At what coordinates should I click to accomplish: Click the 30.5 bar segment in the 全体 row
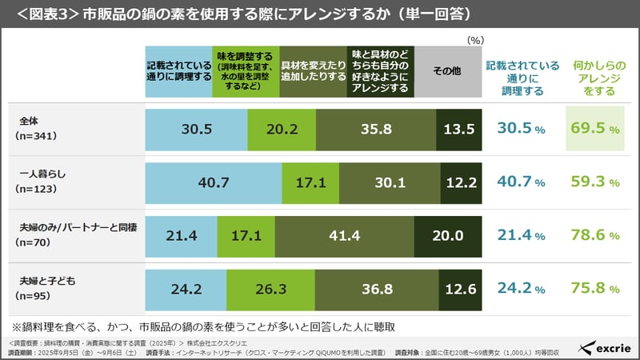[197, 128]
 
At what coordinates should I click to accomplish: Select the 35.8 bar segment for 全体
[376, 128]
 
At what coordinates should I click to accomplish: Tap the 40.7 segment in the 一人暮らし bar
[214, 182]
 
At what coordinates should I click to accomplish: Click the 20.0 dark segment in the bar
[448, 234]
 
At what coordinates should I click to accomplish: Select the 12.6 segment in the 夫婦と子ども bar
[460, 288]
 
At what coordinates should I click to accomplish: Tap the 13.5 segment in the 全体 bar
[459, 128]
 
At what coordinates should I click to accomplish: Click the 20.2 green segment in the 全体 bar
[282, 128]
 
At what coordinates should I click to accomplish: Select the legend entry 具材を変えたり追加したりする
[313, 70]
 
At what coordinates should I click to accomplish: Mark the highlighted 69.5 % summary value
[593, 128]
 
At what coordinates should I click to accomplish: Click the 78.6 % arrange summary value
[593, 234]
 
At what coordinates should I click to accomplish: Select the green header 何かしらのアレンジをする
[593, 77]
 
